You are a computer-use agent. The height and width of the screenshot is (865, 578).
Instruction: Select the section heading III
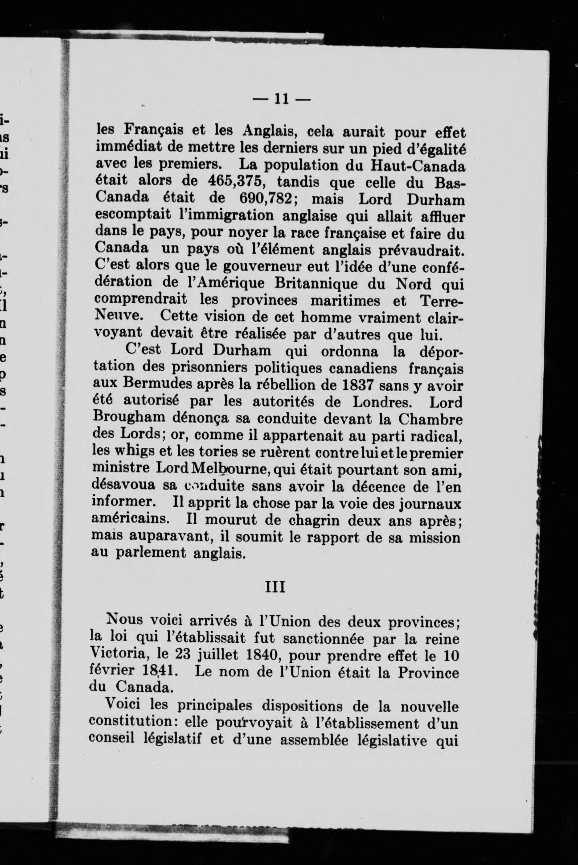point(275,587)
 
